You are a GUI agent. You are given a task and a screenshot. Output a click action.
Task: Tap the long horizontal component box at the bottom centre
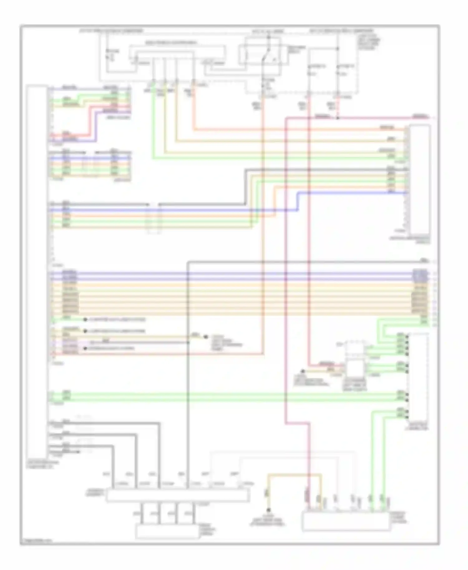click(178, 495)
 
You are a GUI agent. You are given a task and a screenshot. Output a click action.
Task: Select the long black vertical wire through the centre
click(188, 374)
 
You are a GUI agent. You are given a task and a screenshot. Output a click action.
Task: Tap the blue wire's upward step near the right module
click(297, 201)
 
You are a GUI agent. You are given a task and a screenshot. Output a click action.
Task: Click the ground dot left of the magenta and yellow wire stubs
click(302, 371)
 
